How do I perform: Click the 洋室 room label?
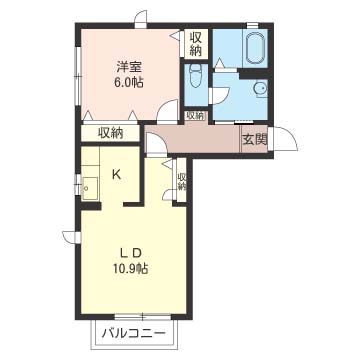coord(129,68)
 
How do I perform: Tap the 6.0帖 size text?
coord(129,82)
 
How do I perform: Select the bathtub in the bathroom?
coord(256,49)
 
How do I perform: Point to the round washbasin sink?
coord(260,89)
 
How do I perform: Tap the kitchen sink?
coord(90,188)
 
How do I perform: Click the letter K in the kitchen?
coord(116,174)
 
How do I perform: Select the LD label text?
coord(131,253)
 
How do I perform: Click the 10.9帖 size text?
coord(131,268)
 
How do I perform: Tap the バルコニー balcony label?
coord(134,333)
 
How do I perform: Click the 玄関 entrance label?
coord(255,140)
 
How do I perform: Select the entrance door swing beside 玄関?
coord(285,139)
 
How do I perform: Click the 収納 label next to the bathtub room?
coord(196,44)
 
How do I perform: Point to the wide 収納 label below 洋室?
coord(111,134)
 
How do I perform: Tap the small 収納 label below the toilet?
coord(195,116)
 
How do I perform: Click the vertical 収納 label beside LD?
coord(182,181)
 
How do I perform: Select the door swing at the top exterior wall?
coord(141,19)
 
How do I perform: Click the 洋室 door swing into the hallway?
coord(168,110)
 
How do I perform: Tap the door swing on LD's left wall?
coord(71,236)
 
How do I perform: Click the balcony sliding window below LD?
coord(143,316)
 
